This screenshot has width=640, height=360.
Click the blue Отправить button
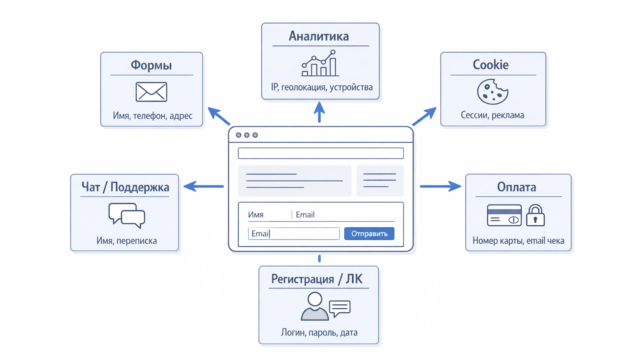pyautogui.click(x=369, y=234)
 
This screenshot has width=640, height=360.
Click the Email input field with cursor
pyautogui.click(x=294, y=234)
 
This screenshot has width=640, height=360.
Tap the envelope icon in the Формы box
pyautogui.click(x=151, y=92)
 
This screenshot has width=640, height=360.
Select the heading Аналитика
pyautogui.click(x=319, y=36)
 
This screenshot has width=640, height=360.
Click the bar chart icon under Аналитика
pyautogui.click(x=320, y=64)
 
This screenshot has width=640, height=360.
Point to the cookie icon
pyautogui.click(x=492, y=92)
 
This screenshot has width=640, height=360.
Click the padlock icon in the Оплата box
pyautogui.click(x=535, y=216)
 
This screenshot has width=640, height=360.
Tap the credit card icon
pyautogui.click(x=504, y=216)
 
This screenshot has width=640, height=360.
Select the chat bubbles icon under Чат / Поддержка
pyautogui.click(x=127, y=215)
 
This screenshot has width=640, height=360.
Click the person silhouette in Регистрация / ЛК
pyautogui.click(x=314, y=307)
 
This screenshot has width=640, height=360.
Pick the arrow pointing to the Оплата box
pyautogui.click(x=440, y=186)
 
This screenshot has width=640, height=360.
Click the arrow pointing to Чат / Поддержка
pyautogui.click(x=204, y=186)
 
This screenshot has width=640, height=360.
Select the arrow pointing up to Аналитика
pyautogui.click(x=319, y=112)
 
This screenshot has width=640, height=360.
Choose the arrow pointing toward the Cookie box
pyautogui.click(x=424, y=116)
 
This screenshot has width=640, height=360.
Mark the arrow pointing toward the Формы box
pyautogui.click(x=219, y=116)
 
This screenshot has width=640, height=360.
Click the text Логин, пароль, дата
pyautogui.click(x=319, y=332)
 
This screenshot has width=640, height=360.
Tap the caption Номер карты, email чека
pyautogui.click(x=518, y=241)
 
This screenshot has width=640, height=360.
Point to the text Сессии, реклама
pyautogui.click(x=492, y=115)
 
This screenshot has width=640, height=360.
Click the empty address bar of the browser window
pyautogui.click(x=321, y=153)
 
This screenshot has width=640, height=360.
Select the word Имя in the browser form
pyautogui.click(x=256, y=215)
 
